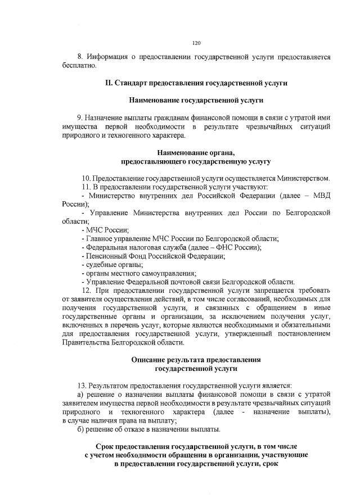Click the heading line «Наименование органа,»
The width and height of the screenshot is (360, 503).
(196, 152)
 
